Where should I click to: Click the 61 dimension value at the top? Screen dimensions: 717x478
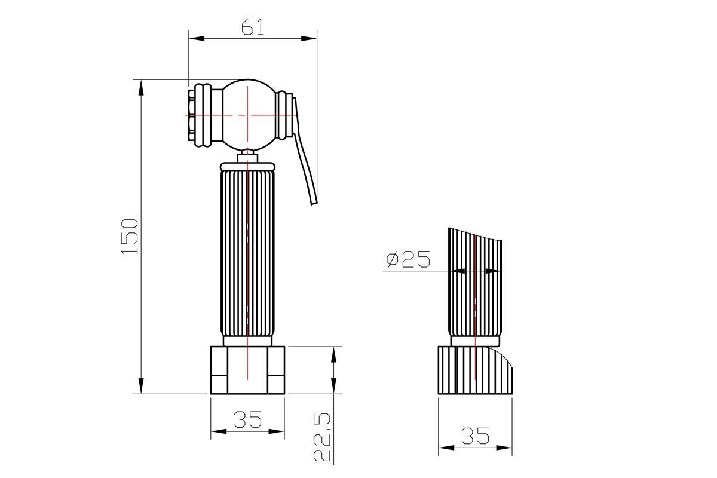point(253,27)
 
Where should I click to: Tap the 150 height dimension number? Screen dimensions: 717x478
point(130,237)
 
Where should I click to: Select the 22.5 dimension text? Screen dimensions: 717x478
point(321,437)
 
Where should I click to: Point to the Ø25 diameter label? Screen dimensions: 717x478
point(407,259)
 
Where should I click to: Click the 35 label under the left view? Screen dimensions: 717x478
point(248,419)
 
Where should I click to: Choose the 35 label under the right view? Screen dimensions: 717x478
point(475,436)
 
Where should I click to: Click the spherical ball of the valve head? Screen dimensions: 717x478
point(249,115)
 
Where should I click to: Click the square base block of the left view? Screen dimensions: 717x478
point(247,370)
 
